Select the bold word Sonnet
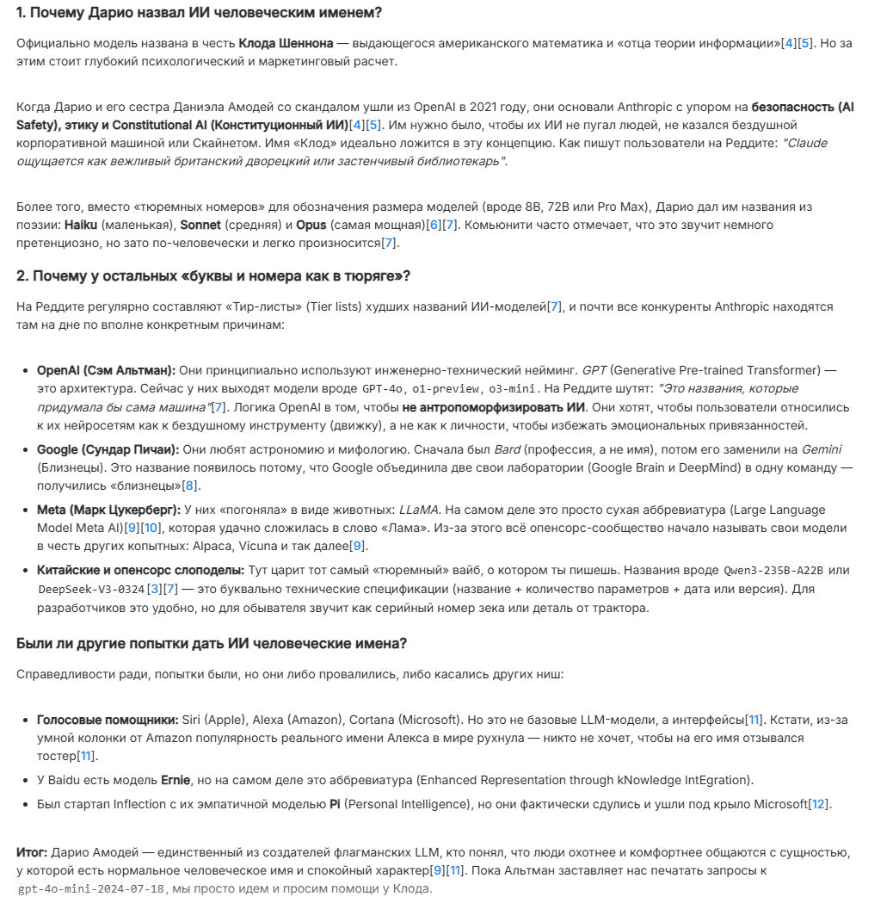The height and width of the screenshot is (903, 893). click(200, 225)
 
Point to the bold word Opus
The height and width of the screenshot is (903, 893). click(311, 225)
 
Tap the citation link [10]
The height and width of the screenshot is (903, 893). click(151, 528)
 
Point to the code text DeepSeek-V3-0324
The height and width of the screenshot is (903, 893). click(91, 590)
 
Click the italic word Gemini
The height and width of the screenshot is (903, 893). click(821, 449)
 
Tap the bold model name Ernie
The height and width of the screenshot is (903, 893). click(176, 780)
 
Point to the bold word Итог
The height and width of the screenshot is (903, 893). click(32, 852)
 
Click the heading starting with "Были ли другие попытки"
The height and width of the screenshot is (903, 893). click(212, 643)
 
